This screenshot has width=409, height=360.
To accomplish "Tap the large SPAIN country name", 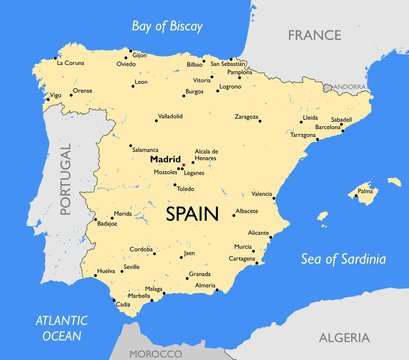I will tap(192, 213).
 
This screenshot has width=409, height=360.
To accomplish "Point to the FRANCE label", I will tap(315, 35).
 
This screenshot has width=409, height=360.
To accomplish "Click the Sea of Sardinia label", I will tap(343, 260).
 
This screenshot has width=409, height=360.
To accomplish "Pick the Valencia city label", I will tap(262, 193).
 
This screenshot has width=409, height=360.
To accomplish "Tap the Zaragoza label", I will tap(247, 117).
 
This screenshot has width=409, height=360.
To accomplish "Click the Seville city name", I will tap(131, 268).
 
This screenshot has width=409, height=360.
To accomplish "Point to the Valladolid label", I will tap(142, 117).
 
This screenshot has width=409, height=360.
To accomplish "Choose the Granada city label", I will tap(199, 273).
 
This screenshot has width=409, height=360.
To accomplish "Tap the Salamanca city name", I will tap(145, 148).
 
